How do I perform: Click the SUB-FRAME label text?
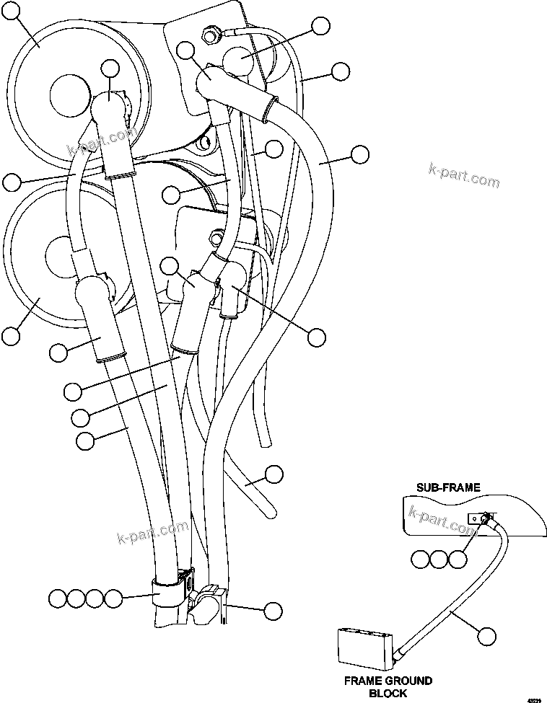(447, 487)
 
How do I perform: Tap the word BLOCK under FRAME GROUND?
(388, 693)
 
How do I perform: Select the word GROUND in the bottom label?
(407, 681)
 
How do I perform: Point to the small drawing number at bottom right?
(535, 698)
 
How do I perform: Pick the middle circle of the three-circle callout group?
(439, 559)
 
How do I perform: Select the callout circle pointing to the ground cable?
(488, 636)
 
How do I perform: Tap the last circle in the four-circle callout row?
(113, 598)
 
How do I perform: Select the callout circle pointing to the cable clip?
(272, 611)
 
